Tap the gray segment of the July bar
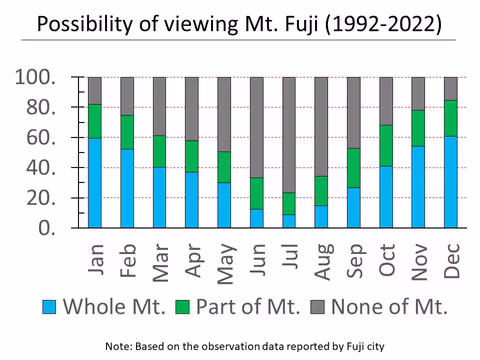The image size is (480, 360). coord(289,135)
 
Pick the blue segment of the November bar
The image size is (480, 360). coord(418,187)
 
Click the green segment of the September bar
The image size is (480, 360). coord(353,167)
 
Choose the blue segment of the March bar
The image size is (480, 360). coord(160,197)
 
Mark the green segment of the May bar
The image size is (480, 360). coord(224,167)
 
